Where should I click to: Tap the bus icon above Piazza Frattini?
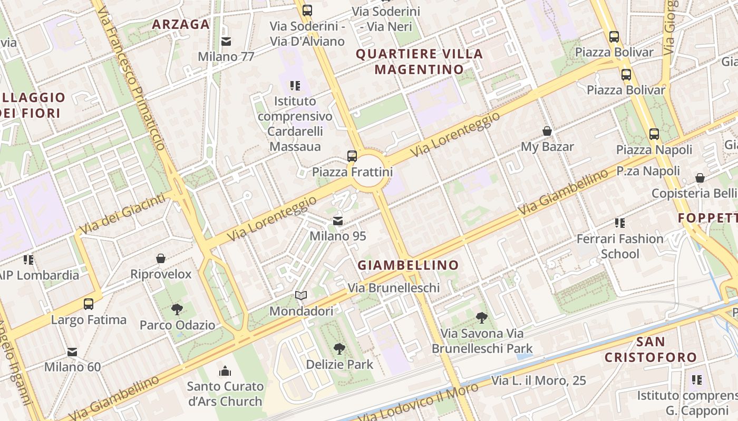pos(352,156)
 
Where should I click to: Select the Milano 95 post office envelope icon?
pos(338,221)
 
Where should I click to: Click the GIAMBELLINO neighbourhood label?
pos(408,265)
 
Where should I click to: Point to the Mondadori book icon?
pos(300,296)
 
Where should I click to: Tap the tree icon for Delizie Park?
pos(339,348)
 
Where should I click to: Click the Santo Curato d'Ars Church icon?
pos(225,371)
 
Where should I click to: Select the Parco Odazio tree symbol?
pos(177,309)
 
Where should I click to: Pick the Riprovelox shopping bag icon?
pos(161,258)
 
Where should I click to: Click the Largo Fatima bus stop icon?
pos(89,304)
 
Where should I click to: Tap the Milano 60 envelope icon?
pos(72,352)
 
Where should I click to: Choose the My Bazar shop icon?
pos(547,131)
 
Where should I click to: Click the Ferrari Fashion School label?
pos(619,246)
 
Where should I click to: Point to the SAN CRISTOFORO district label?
pos(650,349)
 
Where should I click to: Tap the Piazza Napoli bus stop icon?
pos(654,134)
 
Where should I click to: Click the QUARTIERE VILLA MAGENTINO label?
pos(419,61)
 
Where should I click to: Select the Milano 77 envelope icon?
pos(226,41)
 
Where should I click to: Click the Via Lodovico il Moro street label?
pos(419,403)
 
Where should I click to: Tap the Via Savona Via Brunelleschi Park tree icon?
pos(481,317)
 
